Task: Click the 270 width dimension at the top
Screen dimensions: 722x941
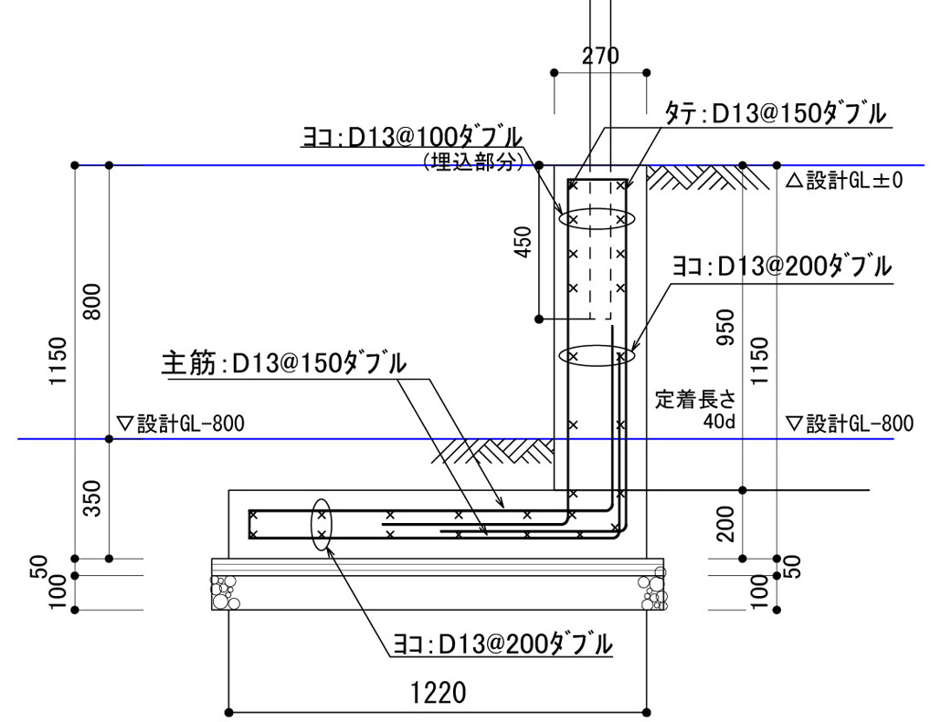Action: point(600,56)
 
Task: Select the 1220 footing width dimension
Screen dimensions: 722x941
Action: point(438,692)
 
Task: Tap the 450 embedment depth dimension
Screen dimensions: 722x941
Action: point(523,242)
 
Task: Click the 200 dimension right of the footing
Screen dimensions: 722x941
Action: point(726,524)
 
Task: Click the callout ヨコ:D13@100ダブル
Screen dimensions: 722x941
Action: point(413,137)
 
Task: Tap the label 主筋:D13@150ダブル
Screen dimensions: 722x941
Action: point(283,363)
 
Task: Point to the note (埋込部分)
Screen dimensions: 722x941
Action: point(472,162)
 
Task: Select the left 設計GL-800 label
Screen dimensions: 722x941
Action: point(182,424)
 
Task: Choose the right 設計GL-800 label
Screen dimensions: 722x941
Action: point(849,424)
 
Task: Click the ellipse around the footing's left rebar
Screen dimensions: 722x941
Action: point(322,525)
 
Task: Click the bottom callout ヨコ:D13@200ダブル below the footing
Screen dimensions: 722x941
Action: point(499,644)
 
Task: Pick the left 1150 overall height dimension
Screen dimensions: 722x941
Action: point(58,361)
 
